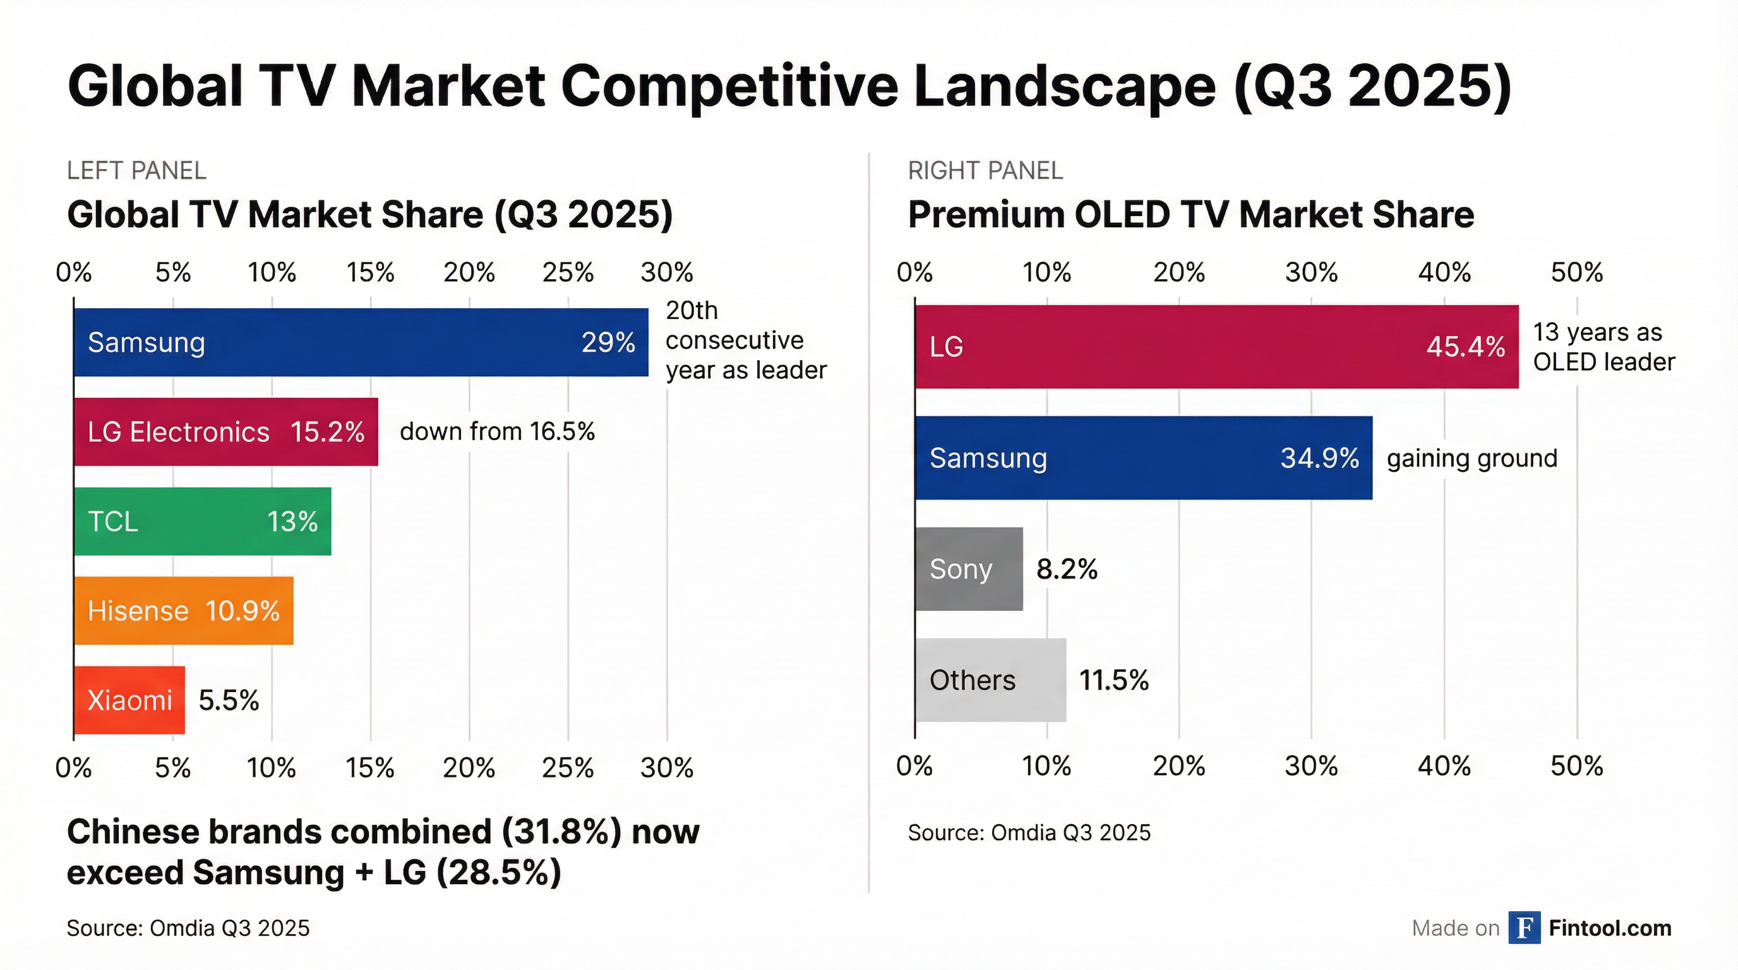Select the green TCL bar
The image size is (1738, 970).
(202, 522)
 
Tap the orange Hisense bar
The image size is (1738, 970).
(184, 611)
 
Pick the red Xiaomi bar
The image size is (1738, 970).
(129, 700)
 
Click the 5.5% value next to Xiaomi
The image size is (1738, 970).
(229, 700)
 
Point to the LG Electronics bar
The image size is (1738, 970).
(225, 432)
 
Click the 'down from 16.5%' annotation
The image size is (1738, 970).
(497, 432)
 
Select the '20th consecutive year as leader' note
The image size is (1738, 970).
(745, 340)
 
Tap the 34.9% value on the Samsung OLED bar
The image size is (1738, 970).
(1320, 458)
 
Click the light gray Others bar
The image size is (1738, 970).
(990, 680)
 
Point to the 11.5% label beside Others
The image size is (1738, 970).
(1114, 680)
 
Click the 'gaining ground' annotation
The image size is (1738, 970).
(1471, 458)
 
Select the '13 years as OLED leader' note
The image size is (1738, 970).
(1603, 347)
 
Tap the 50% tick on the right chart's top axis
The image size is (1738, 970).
(1577, 273)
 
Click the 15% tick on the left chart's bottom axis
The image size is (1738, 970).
(371, 768)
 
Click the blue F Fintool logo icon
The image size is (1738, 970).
(1524, 928)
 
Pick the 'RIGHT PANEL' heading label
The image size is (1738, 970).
(985, 171)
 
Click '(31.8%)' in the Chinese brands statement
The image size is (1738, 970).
(561, 832)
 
